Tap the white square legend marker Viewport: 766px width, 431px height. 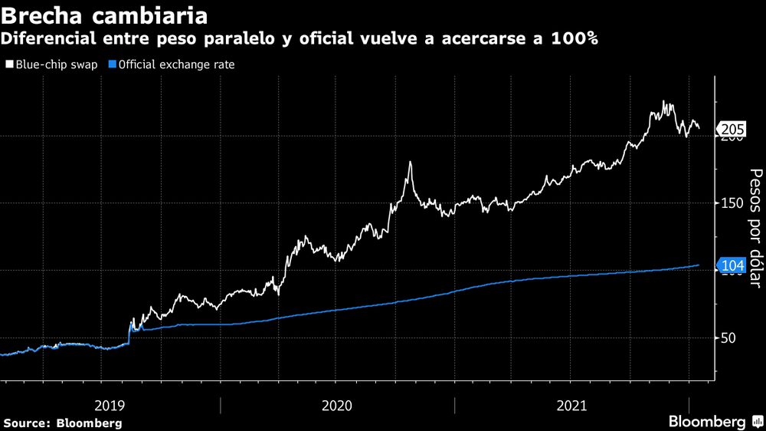click(x=9, y=64)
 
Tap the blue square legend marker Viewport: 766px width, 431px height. click(x=113, y=64)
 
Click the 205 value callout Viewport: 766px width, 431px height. click(x=733, y=129)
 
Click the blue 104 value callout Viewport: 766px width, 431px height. click(x=733, y=265)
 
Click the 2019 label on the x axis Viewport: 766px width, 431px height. click(x=110, y=404)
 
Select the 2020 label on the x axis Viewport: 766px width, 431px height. click(x=337, y=404)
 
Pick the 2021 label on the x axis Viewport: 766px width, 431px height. click(x=571, y=404)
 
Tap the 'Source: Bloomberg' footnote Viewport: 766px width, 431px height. click(x=62, y=423)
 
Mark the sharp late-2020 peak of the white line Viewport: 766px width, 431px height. click(x=411, y=162)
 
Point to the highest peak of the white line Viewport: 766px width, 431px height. click(x=663, y=102)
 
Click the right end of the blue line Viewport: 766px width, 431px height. click(x=699, y=265)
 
